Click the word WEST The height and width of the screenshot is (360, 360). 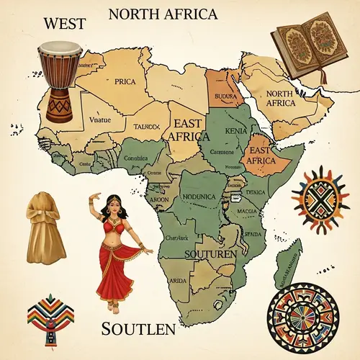tap(65, 22)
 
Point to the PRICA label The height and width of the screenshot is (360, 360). tap(125, 81)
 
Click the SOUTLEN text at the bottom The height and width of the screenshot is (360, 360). tap(138, 330)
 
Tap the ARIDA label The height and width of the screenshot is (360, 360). tap(177, 280)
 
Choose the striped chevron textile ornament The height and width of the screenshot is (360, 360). tap(49, 317)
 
